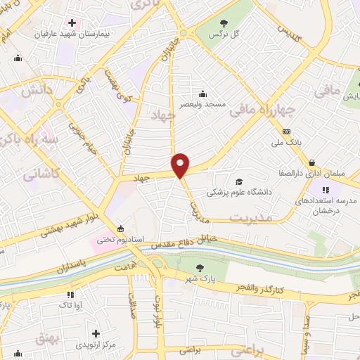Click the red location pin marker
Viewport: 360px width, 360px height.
pos(181,165)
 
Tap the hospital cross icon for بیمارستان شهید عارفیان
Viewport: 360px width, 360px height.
pos(72,22)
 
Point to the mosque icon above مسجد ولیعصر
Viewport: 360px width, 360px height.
pos(203,94)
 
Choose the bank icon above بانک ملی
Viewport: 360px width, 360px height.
pos(286,131)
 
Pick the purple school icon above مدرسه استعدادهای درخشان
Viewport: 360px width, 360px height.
pos(326,188)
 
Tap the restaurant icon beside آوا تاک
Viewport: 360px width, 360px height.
pos(70,295)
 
